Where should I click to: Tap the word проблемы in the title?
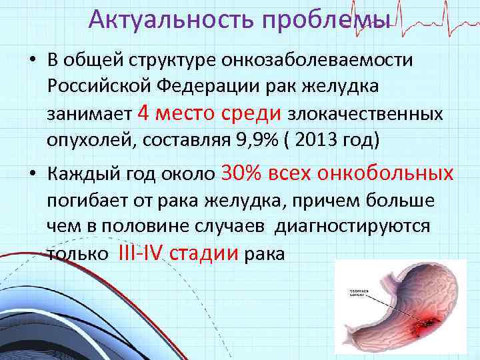pyautogui.click(x=319, y=19)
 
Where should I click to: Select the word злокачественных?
pyautogui.click(x=365, y=115)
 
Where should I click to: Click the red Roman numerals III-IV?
pyautogui.click(x=141, y=253)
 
